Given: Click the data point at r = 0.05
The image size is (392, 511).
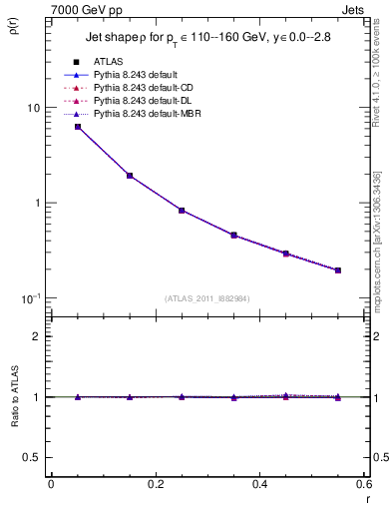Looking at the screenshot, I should (x=78, y=127).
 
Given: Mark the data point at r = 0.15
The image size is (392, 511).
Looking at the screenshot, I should (x=130, y=176).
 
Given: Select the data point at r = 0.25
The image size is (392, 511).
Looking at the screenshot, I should (x=182, y=211).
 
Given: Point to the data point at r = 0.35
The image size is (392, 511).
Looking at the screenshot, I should (x=233, y=236).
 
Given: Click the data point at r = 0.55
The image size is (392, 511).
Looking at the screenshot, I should (x=338, y=270).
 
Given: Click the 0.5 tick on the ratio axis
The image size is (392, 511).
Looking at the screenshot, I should (x=34, y=457).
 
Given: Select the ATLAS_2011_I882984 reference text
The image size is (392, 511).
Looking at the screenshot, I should (x=206, y=298).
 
